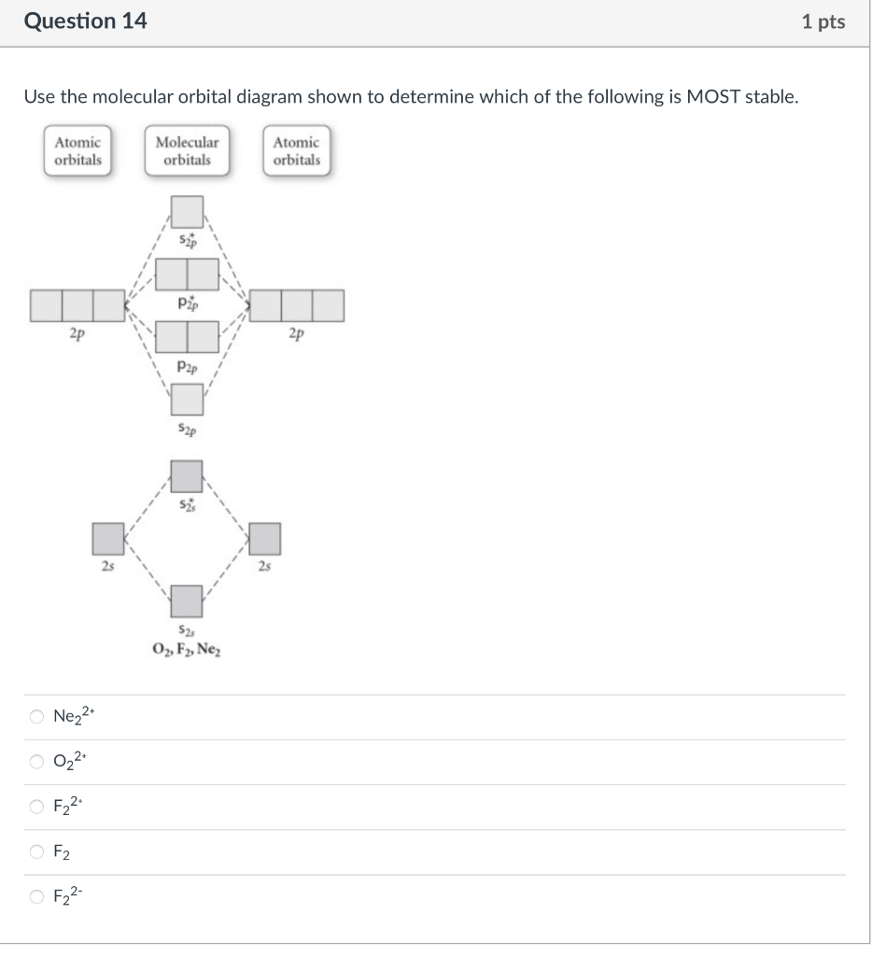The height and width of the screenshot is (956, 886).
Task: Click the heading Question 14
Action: pos(85,21)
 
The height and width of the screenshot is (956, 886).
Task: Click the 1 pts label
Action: pos(823,22)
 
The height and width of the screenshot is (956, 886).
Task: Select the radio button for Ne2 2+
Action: pos(35,717)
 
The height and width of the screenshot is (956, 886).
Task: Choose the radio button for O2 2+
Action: pos(35,762)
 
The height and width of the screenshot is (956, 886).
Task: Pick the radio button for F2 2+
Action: pos(35,807)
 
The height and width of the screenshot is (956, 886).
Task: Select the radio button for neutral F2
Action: pos(35,851)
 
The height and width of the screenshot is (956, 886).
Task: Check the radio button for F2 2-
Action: pos(35,896)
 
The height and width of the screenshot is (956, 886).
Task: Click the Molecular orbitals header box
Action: pos(187,151)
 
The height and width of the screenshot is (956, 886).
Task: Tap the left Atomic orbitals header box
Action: pos(77,151)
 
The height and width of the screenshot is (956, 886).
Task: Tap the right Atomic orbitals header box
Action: pos(296,151)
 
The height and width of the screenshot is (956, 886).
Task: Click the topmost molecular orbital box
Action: pos(188,212)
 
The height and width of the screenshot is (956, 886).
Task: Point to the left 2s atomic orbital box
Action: pos(108,539)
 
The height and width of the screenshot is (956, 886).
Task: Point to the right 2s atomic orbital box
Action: pos(265,539)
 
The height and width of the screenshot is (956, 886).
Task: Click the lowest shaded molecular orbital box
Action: pos(187,600)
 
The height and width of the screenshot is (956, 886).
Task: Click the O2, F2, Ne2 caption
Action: pos(187,650)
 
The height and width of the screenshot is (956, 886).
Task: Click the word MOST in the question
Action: pos(712,97)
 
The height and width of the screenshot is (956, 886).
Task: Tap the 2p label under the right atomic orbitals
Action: pos(296,333)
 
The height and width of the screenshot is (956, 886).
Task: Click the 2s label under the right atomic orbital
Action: pos(265,566)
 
